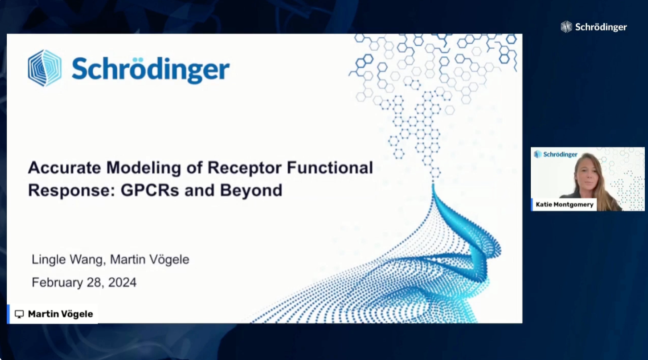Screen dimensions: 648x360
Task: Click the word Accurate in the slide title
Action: tap(64, 168)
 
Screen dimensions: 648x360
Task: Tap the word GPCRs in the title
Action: tap(150, 190)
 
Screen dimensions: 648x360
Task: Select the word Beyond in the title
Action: tap(251, 191)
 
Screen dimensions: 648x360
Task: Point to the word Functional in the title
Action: tap(330, 168)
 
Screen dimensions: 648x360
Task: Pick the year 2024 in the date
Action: tap(122, 282)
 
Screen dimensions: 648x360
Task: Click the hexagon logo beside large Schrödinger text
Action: tap(45, 68)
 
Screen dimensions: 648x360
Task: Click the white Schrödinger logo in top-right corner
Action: tap(593, 27)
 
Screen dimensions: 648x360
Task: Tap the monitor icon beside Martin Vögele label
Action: tap(19, 314)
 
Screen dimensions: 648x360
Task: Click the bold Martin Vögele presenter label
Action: tap(60, 314)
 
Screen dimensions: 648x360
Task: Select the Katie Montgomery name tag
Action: tap(564, 205)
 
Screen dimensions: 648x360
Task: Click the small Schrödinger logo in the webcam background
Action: tap(555, 154)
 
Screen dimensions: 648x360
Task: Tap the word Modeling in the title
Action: tap(144, 168)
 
